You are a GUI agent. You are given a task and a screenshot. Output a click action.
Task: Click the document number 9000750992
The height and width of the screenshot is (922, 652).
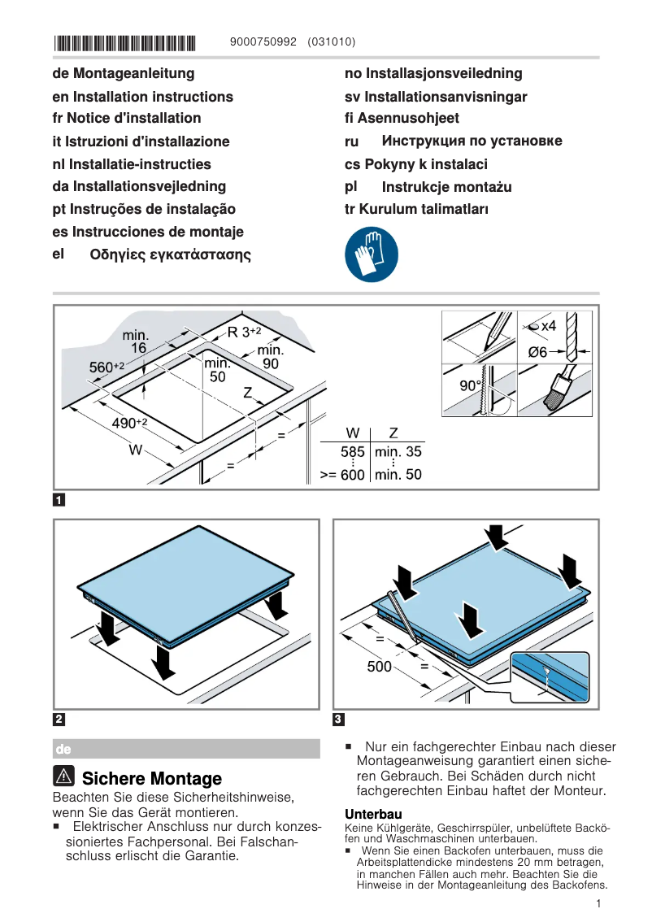(x=264, y=42)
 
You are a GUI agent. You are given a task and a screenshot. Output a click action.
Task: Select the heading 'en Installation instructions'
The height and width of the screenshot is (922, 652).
(x=142, y=97)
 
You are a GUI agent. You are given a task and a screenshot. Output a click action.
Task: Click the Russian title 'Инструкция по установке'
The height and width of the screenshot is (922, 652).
(x=472, y=141)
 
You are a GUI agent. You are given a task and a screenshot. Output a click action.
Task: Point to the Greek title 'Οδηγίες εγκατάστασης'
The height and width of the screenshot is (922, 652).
(x=170, y=254)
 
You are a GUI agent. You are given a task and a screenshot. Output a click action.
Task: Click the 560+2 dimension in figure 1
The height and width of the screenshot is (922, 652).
(x=106, y=367)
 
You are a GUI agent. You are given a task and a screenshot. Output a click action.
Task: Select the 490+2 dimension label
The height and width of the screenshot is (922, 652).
(x=129, y=423)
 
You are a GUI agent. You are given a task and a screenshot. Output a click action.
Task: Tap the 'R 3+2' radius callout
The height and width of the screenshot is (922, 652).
(x=244, y=332)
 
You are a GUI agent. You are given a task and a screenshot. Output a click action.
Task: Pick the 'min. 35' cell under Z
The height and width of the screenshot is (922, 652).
(x=398, y=452)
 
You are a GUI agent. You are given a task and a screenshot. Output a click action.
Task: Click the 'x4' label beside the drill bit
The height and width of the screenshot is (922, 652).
(x=548, y=326)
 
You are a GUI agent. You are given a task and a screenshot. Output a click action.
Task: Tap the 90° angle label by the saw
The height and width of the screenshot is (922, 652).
(x=471, y=386)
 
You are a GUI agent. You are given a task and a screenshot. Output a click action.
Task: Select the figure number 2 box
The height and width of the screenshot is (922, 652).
(x=59, y=719)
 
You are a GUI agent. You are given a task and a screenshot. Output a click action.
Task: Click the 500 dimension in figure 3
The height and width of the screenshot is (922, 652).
(x=379, y=667)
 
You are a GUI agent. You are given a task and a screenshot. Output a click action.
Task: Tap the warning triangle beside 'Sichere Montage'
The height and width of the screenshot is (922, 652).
(x=66, y=777)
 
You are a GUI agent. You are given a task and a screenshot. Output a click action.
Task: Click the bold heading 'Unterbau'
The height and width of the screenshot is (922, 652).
(x=373, y=814)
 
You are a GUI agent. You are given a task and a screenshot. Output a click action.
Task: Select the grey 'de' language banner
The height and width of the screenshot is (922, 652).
(x=186, y=748)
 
